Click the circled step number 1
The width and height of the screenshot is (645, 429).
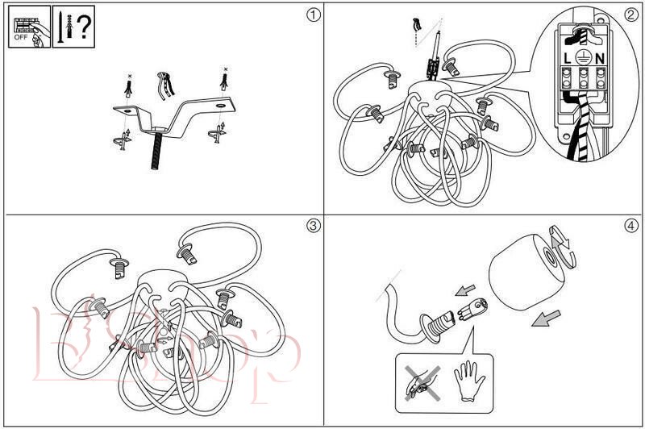pos(313,15)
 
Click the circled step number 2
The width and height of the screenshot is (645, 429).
pos(630,15)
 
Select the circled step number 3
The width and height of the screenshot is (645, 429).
pos(313,226)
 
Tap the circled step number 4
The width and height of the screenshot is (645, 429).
pos(630,226)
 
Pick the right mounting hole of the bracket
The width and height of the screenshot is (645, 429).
pos(220,106)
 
